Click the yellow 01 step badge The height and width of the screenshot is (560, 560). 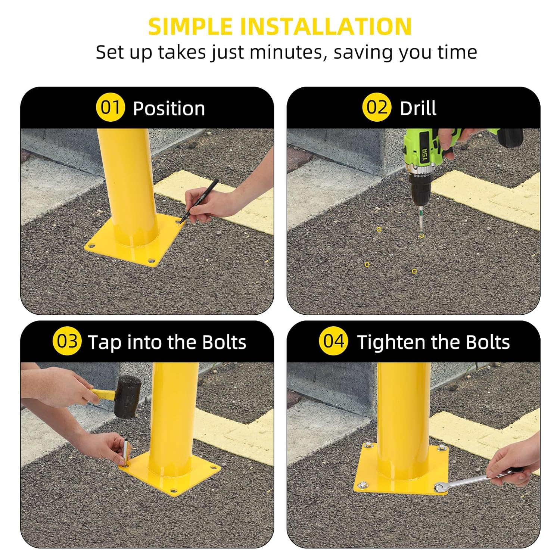pyautogui.click(x=110, y=108)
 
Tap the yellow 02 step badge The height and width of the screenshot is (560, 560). pyautogui.click(x=376, y=108)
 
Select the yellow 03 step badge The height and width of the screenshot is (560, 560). pyautogui.click(x=67, y=341)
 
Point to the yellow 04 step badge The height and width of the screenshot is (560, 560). pyautogui.click(x=333, y=341)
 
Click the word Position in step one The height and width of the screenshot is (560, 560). pyautogui.click(x=169, y=109)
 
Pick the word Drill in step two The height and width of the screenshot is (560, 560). pyautogui.click(x=418, y=108)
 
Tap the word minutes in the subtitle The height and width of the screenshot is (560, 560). pyautogui.click(x=286, y=52)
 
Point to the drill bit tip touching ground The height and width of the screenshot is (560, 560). pyautogui.click(x=421, y=233)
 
